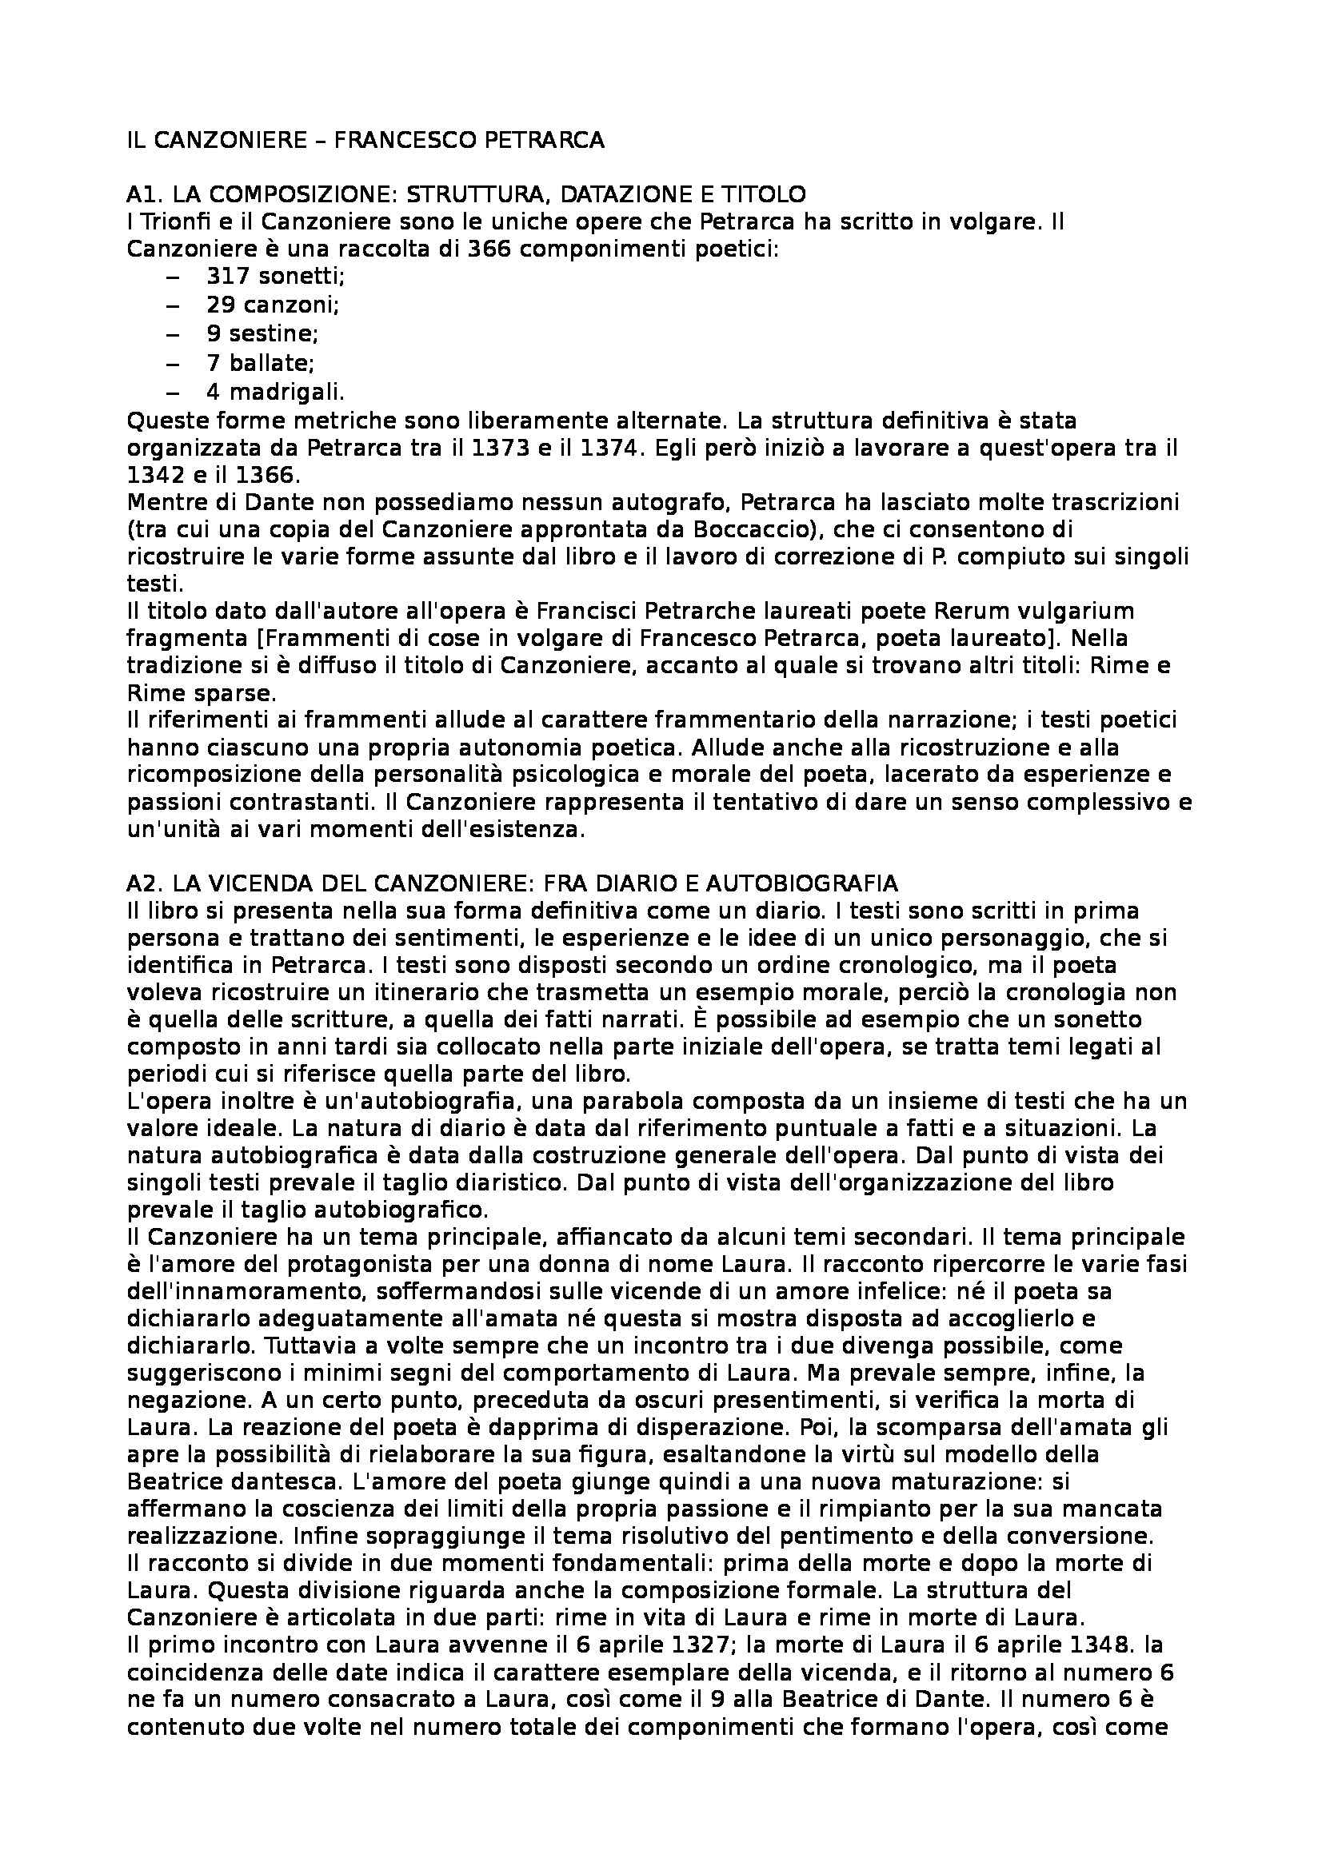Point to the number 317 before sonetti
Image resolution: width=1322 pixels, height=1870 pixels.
coord(227,277)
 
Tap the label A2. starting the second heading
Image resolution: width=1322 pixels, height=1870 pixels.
coord(144,883)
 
